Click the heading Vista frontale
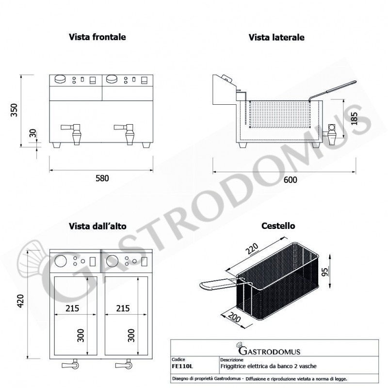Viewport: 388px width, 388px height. (x=97, y=37)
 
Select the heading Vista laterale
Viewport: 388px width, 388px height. (x=276, y=37)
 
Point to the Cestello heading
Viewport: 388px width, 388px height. (x=278, y=226)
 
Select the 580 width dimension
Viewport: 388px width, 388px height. (x=102, y=178)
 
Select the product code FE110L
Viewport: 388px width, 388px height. (x=181, y=366)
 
